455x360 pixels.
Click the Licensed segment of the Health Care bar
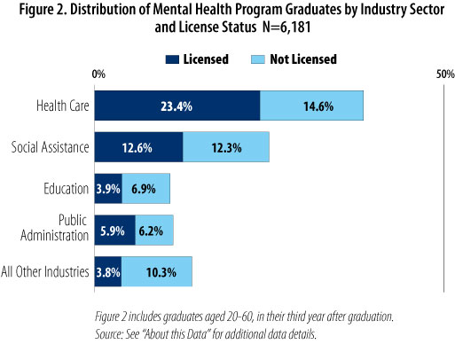coord(177,106)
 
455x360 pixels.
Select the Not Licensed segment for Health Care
coord(311,106)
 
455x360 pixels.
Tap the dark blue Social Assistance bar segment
coord(138,147)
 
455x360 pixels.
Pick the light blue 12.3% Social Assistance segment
coord(226,147)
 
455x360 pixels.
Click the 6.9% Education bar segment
coord(146,189)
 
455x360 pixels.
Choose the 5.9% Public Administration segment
coord(115,230)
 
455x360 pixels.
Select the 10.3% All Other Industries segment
coord(157,271)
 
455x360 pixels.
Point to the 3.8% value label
coord(108,272)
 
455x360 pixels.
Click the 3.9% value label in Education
coord(108,189)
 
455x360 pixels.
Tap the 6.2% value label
coord(151,231)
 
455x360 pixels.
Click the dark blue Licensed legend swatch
coord(172,59)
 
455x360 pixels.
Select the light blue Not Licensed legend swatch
coord(258,59)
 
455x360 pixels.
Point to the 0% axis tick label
coord(98,74)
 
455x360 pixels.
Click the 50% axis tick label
coord(445,74)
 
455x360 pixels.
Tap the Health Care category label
coord(63,106)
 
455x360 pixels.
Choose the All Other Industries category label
coord(45,271)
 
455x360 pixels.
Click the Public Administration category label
coord(55,228)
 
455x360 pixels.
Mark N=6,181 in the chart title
coord(286,27)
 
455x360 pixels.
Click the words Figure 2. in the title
coord(43,10)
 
